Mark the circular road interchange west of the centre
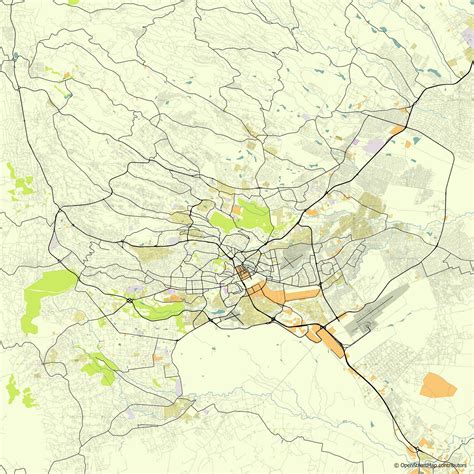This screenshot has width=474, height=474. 133,298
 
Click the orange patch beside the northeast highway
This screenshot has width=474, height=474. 397,129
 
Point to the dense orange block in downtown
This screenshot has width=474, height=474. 243,273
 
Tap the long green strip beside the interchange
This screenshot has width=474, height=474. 160,311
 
